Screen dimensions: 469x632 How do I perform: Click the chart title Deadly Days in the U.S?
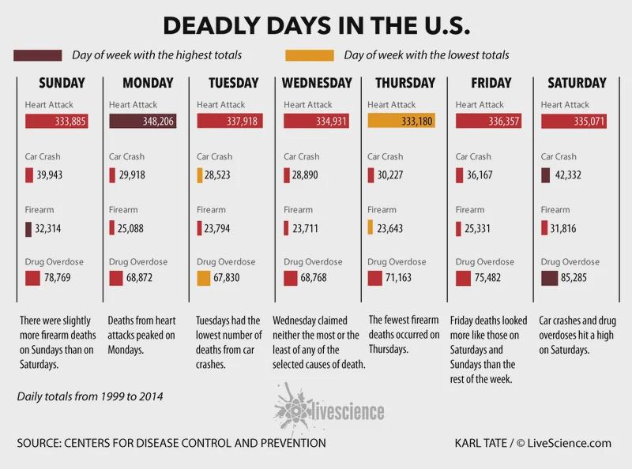coord(316,26)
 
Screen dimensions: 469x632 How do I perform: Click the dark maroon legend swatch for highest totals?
coord(37,55)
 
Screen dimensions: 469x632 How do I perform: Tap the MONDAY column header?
coord(148,83)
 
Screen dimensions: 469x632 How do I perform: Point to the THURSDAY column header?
coord(405,83)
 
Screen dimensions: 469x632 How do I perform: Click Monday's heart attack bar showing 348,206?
coord(142,122)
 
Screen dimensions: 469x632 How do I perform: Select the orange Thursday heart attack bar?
coord(403,122)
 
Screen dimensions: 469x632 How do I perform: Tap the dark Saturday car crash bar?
coord(546,174)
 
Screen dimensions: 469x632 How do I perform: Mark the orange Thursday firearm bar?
coord(371,228)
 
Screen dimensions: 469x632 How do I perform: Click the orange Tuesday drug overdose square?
coord(204,279)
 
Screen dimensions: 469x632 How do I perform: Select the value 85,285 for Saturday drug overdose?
coord(584,279)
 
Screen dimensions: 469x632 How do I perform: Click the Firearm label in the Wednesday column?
coord(298,210)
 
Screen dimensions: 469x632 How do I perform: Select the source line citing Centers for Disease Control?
coord(171,443)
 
